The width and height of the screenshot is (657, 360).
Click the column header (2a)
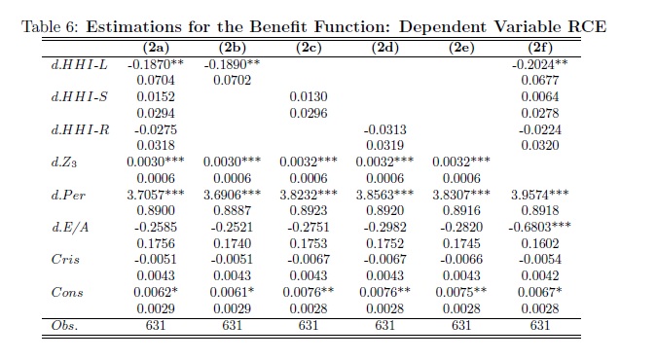coord(156,48)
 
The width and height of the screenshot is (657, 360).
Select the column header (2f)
coord(540,48)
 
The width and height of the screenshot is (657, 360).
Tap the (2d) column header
coord(385,48)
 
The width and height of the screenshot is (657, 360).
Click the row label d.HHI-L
coord(79,64)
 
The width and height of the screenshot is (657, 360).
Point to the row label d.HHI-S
coord(79,96)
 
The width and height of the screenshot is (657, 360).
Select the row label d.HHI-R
coord(80,129)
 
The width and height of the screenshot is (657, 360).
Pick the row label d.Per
coord(68,195)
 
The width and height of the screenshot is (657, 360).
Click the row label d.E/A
coord(70,227)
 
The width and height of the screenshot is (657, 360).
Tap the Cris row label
coord(65,260)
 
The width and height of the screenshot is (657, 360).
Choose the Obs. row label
coord(64,325)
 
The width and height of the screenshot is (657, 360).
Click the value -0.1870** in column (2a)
coord(156,64)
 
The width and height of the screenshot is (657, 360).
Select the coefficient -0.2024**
coord(540,64)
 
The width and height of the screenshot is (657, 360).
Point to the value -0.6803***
coord(539,227)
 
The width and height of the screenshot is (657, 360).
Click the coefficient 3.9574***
coord(539,195)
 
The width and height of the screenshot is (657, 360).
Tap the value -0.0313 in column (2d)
coord(385,129)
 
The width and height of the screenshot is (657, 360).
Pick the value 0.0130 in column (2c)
coord(309,96)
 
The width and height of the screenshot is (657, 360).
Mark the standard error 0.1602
coord(540,243)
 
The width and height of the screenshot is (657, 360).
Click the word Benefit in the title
coord(278,27)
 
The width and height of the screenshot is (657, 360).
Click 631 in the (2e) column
coord(461,325)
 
